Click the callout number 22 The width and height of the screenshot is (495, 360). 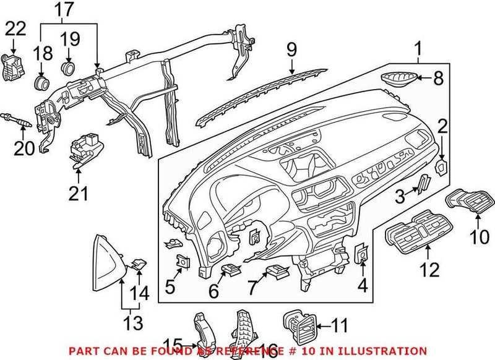[x=16, y=28]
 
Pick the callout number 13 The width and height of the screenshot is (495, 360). [x=133, y=322]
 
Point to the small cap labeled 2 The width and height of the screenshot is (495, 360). [x=442, y=166]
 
